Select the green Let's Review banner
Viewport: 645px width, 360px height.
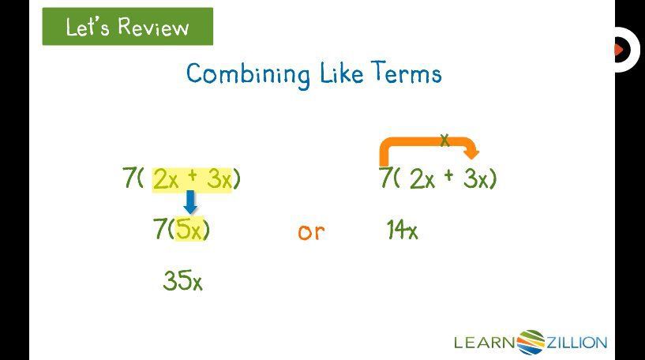click(127, 27)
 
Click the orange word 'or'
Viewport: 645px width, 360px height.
click(311, 232)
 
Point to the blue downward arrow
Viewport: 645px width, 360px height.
click(190, 202)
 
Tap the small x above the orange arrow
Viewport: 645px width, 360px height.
click(444, 141)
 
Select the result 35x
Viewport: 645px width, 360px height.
click(182, 280)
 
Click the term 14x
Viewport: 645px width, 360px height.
click(402, 231)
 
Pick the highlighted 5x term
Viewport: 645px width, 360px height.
click(189, 230)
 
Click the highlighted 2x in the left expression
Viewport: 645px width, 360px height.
click(167, 180)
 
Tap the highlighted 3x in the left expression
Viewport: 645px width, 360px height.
click(219, 180)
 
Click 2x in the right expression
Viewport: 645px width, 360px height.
click(422, 180)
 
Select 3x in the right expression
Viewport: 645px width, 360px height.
click(476, 180)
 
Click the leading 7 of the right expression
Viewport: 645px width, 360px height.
click(386, 178)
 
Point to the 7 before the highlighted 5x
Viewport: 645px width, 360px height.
click(160, 230)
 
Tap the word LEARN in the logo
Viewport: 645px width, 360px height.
click(485, 342)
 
